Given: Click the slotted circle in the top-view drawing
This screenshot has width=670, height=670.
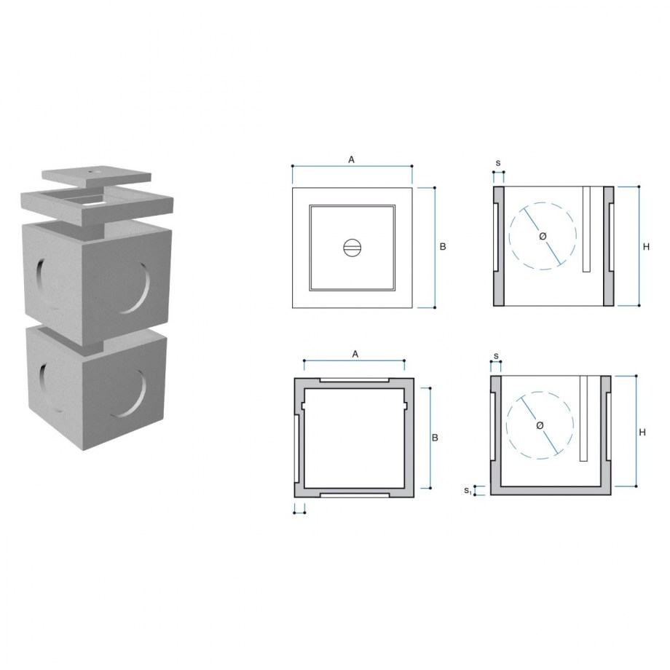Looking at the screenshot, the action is (352, 248).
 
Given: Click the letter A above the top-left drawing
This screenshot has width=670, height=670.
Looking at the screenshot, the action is (351, 159).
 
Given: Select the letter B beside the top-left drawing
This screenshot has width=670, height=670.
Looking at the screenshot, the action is (443, 247).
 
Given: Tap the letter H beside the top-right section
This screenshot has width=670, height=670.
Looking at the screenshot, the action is (646, 247).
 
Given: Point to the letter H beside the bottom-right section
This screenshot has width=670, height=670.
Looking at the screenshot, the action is (642, 433).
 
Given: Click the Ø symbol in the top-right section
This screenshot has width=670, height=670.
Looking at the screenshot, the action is (543, 236).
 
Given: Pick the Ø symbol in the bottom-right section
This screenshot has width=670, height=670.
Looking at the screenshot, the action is (540, 425).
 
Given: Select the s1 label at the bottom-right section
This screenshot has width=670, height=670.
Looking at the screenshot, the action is (468, 491).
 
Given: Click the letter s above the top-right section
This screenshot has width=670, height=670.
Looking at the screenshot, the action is (498, 163).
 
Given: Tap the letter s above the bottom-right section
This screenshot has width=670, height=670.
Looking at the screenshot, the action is (496, 355).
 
